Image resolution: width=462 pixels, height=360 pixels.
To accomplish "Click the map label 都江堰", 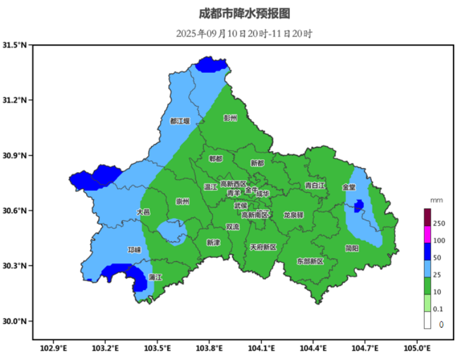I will click(179, 121).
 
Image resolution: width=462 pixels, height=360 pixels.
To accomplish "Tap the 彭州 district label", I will click(230, 119).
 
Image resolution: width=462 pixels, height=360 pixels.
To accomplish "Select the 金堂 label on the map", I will click(349, 187).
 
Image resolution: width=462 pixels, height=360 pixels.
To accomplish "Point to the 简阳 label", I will click(352, 248).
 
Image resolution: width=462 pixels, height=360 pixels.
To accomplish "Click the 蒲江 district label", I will click(155, 278).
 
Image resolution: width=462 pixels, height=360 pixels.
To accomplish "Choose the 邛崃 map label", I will click(134, 250).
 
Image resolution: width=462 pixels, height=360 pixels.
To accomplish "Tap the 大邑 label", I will click(143, 212).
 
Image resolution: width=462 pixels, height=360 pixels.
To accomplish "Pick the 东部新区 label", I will click(310, 261).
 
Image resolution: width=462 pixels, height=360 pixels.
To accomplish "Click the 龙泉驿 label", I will click(294, 215).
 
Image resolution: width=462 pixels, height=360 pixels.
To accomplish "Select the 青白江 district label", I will click(315, 185).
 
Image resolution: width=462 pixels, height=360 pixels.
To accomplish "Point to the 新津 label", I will click(213, 243).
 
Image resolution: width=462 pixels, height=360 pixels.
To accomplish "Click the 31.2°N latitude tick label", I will click(15, 100).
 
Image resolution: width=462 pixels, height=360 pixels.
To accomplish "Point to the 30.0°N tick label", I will click(15, 321).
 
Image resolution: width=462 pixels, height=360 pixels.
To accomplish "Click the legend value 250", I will click(439, 224).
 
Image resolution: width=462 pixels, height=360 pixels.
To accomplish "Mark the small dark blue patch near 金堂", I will click(359, 206).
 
